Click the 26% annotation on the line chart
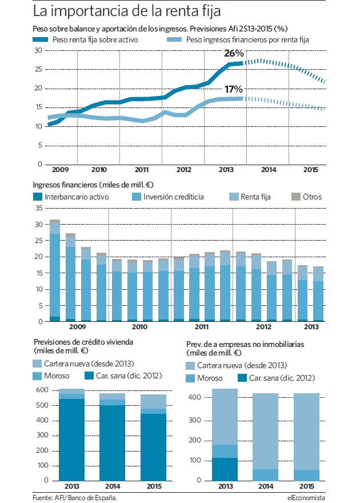click(x=234, y=53)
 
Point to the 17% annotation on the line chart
click(x=233, y=89)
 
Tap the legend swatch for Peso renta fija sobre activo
click(x=41, y=40)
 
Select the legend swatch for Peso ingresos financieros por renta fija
click(x=174, y=40)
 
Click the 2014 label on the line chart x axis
click(x=269, y=170)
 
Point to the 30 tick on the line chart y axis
click(x=38, y=50)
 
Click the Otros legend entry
click(x=306, y=197)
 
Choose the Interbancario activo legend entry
click(x=71, y=197)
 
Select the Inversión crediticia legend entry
click(x=167, y=197)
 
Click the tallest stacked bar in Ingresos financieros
click(x=55, y=270)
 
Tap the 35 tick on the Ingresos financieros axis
click(x=39, y=208)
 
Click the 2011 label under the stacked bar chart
click(x=202, y=326)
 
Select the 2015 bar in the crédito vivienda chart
click(x=153, y=437)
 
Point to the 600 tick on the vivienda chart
click(x=42, y=390)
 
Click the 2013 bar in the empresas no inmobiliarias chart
click(x=225, y=434)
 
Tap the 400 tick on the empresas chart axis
click(x=195, y=397)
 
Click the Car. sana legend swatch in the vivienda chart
click(x=89, y=376)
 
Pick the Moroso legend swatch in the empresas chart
click(x=190, y=378)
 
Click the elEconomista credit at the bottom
click(x=306, y=498)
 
